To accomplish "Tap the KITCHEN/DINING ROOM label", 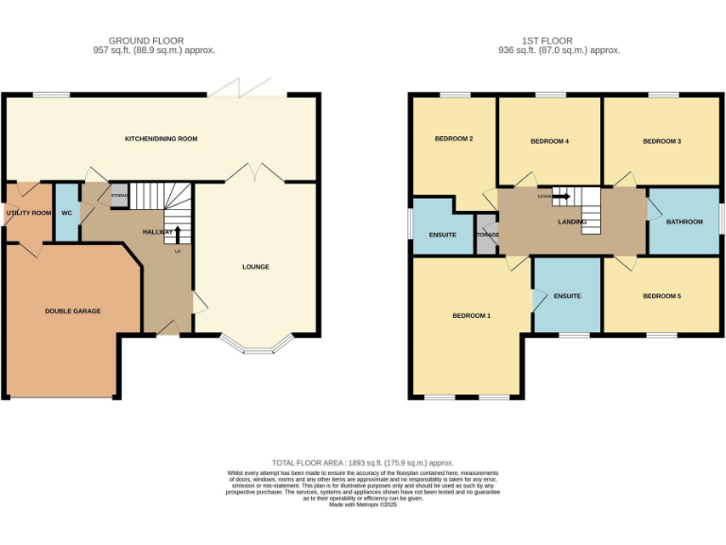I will pyautogui.click(x=161, y=139).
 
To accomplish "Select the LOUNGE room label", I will pyautogui.click(x=255, y=267).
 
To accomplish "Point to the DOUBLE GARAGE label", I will pyautogui.click(x=73, y=310).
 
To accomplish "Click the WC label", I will pyautogui.click(x=67, y=213).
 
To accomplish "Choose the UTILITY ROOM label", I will pyautogui.click(x=28, y=213).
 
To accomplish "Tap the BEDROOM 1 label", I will pyautogui.click(x=471, y=315).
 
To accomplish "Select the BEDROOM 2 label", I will pyautogui.click(x=454, y=139).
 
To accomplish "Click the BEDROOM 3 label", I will pyautogui.click(x=662, y=141).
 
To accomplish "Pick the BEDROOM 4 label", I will pyautogui.click(x=549, y=141).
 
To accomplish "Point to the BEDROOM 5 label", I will pyautogui.click(x=662, y=296).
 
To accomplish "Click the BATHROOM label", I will pyautogui.click(x=684, y=221).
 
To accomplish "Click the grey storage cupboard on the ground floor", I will pyautogui.click(x=119, y=194).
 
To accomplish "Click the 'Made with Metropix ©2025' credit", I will pyautogui.click(x=363, y=505).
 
